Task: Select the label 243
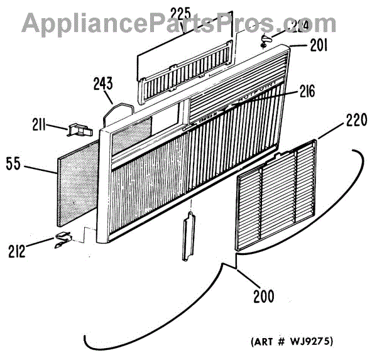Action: click(x=103, y=84)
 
